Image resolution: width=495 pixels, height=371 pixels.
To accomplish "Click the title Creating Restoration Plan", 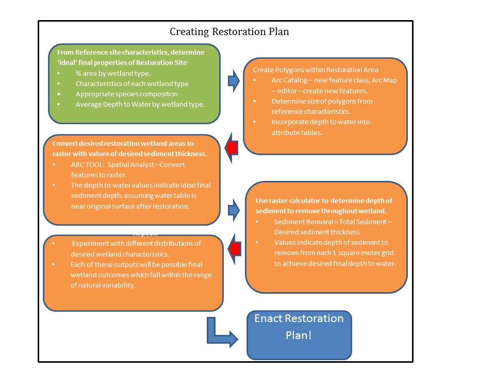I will coord(229,32).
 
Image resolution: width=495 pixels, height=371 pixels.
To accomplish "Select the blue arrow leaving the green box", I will coord(234,81).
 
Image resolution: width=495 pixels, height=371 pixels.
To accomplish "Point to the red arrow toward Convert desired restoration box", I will coord(232,148).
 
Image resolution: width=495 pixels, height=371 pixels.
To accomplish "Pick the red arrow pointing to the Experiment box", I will coord(234,248).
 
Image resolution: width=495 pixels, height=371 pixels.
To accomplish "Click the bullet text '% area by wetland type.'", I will coord(113,73).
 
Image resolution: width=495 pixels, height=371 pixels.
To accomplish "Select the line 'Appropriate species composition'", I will coord(126,94).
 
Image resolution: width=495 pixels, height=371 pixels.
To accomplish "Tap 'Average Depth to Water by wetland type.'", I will coord(140,104).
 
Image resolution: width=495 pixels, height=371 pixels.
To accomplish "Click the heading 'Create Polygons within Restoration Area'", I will coord(316,70).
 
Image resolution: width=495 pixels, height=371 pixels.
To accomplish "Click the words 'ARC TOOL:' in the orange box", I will coord(88,165).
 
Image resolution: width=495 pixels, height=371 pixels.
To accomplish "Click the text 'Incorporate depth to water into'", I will coord(321,122).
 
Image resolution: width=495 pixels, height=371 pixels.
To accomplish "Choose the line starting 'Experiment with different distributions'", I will coord(136,243).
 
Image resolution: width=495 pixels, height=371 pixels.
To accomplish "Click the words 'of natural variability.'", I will coord(103,285).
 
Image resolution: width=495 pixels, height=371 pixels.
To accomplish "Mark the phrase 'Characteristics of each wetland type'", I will coord(132,83).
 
